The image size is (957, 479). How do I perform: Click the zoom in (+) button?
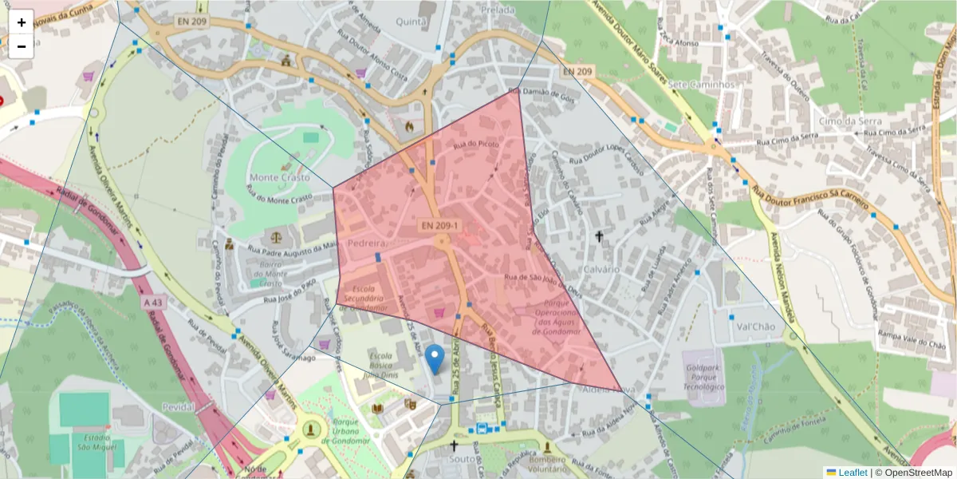click(21, 22)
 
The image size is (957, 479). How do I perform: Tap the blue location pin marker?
click(435, 360)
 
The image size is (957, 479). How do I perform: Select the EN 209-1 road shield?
click(440, 227)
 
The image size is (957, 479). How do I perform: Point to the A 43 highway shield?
click(153, 303)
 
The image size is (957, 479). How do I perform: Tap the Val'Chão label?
click(755, 327)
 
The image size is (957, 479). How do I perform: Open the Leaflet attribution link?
click(852, 472)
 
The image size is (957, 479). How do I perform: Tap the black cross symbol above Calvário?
click(599, 236)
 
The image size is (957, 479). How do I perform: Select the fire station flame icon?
click(409, 125)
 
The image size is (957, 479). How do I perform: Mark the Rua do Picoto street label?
click(476, 144)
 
